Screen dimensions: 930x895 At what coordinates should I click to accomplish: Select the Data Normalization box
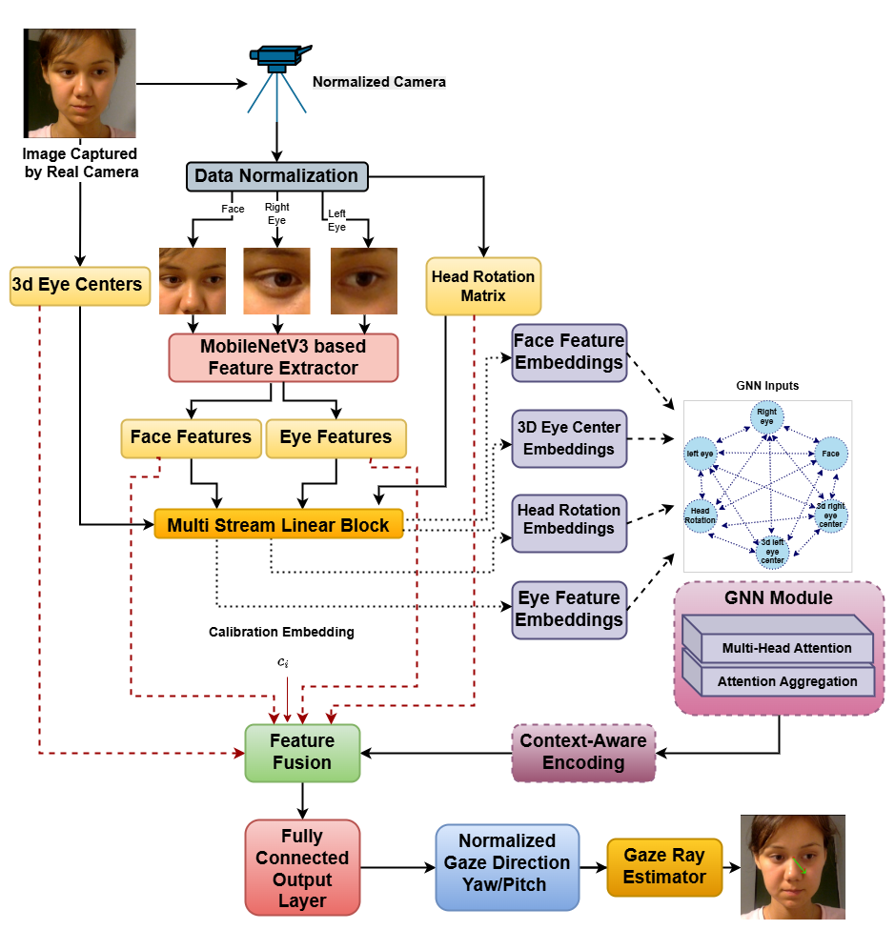(x=276, y=176)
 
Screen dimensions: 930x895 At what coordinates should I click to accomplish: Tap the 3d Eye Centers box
(x=80, y=285)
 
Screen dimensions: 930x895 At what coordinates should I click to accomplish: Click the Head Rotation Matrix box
(x=483, y=286)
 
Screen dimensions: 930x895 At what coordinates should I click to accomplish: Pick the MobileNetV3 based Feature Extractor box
(x=283, y=357)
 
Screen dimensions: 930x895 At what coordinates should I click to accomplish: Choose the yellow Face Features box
(x=191, y=437)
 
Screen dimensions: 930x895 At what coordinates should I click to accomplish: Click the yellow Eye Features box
(x=336, y=437)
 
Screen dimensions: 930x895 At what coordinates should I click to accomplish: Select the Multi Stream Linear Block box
(x=278, y=525)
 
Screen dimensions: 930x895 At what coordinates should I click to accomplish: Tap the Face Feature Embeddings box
(x=569, y=352)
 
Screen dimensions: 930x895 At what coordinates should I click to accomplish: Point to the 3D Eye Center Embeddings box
(x=569, y=438)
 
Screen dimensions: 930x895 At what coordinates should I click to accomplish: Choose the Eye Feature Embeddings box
(x=569, y=609)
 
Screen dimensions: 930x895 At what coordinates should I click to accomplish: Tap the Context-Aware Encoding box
(x=583, y=752)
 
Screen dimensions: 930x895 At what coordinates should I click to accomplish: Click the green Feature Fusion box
(x=302, y=753)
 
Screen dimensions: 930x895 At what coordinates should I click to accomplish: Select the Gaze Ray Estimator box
(x=664, y=866)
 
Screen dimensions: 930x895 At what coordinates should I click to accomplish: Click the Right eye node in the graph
(x=767, y=416)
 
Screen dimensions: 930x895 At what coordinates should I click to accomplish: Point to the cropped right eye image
(x=276, y=281)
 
